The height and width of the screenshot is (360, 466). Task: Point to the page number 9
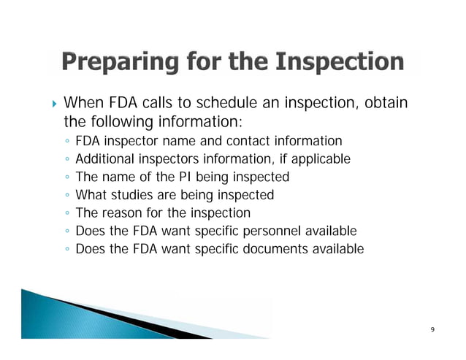click(432, 330)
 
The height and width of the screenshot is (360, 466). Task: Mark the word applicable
click(321, 158)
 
